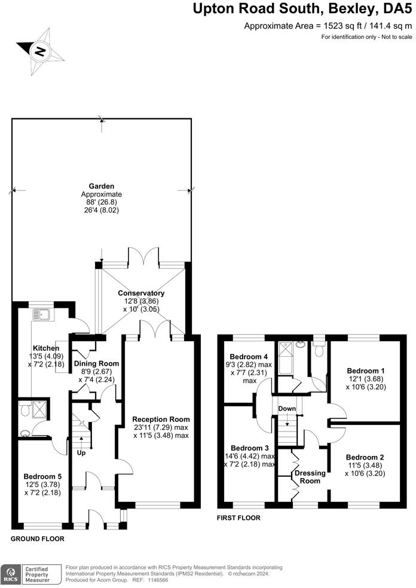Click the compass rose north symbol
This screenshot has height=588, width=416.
coord(39,50)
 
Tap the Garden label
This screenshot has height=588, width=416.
coord(102,186)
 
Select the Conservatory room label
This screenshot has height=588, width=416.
coord(140,293)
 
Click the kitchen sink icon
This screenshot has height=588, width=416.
coord(42,314)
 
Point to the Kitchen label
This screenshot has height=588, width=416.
coord(45,348)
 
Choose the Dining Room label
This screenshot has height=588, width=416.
coord(96,363)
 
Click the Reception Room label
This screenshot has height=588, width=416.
coord(161,419)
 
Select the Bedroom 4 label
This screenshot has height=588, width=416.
coord(246,357)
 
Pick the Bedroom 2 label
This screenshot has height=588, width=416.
coord(365,457)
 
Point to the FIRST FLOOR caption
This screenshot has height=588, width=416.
coord(238,518)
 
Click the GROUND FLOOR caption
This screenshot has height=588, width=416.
coord(38,538)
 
